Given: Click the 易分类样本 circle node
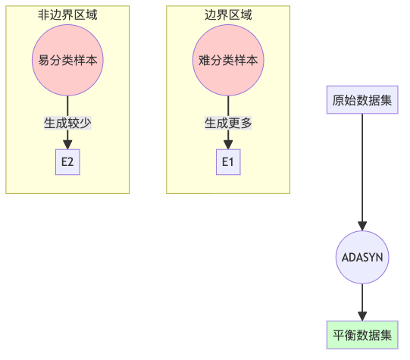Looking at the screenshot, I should pos(67,60).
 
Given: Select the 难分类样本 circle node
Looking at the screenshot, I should pos(228,60).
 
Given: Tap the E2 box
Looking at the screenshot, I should pos(67,162).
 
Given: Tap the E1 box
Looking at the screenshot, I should pos(228,162).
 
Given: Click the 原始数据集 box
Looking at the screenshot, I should pos(362,100).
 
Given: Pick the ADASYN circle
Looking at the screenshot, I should pos(362,257).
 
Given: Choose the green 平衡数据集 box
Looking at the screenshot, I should pos(362,335).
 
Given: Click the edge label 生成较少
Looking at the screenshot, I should pos(67,122).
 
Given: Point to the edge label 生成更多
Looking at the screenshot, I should pos(228,122).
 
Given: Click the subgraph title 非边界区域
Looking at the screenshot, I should pos(67,14).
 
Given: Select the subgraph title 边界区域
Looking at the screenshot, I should pos(228,14).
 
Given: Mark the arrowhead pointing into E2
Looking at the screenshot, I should pos(67,145).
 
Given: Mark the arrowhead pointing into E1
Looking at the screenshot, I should pos(228,145).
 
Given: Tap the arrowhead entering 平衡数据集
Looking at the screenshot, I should pos(362,316).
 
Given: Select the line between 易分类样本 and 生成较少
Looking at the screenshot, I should pos(67,105).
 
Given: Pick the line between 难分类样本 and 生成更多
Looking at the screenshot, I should pos(228,105).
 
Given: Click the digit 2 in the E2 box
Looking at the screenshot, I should pos(70,162).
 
